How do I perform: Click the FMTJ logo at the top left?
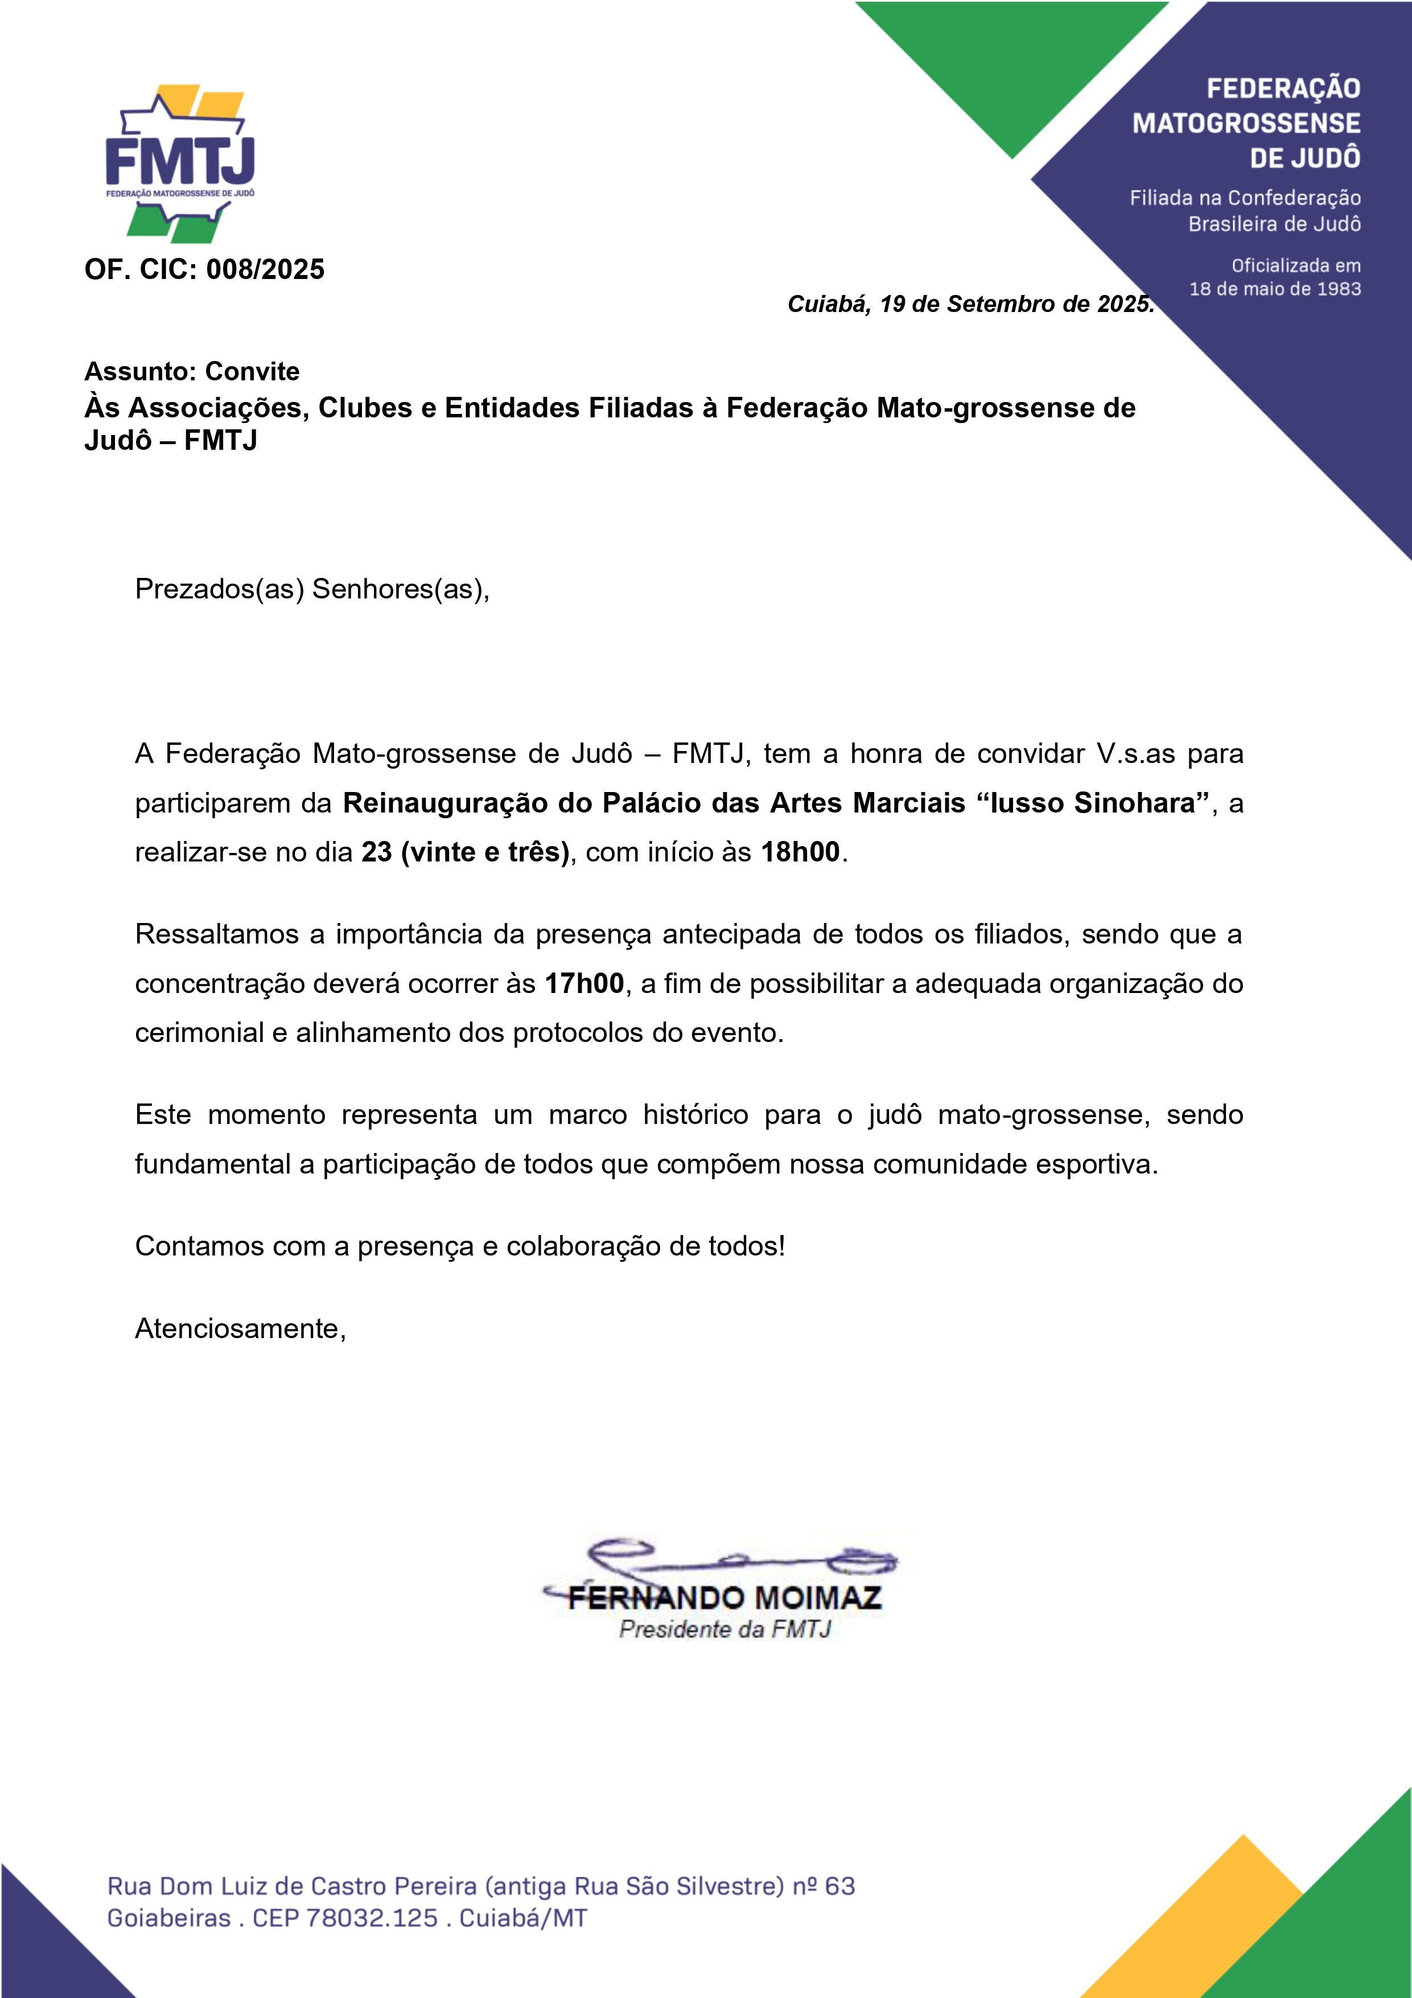pos(180,163)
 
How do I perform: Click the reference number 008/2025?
pos(265,270)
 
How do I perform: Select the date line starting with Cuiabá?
pos(970,303)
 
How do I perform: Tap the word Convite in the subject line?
pos(252,372)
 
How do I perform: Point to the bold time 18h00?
pos(800,852)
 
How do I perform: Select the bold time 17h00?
pos(584,983)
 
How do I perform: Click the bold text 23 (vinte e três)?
pos(464,852)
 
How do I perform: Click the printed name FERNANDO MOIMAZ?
pos(724,1598)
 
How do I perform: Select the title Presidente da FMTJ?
pos(724,1629)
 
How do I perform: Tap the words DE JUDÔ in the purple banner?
pos(1305,158)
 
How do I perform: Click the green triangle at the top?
pos(1012,69)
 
